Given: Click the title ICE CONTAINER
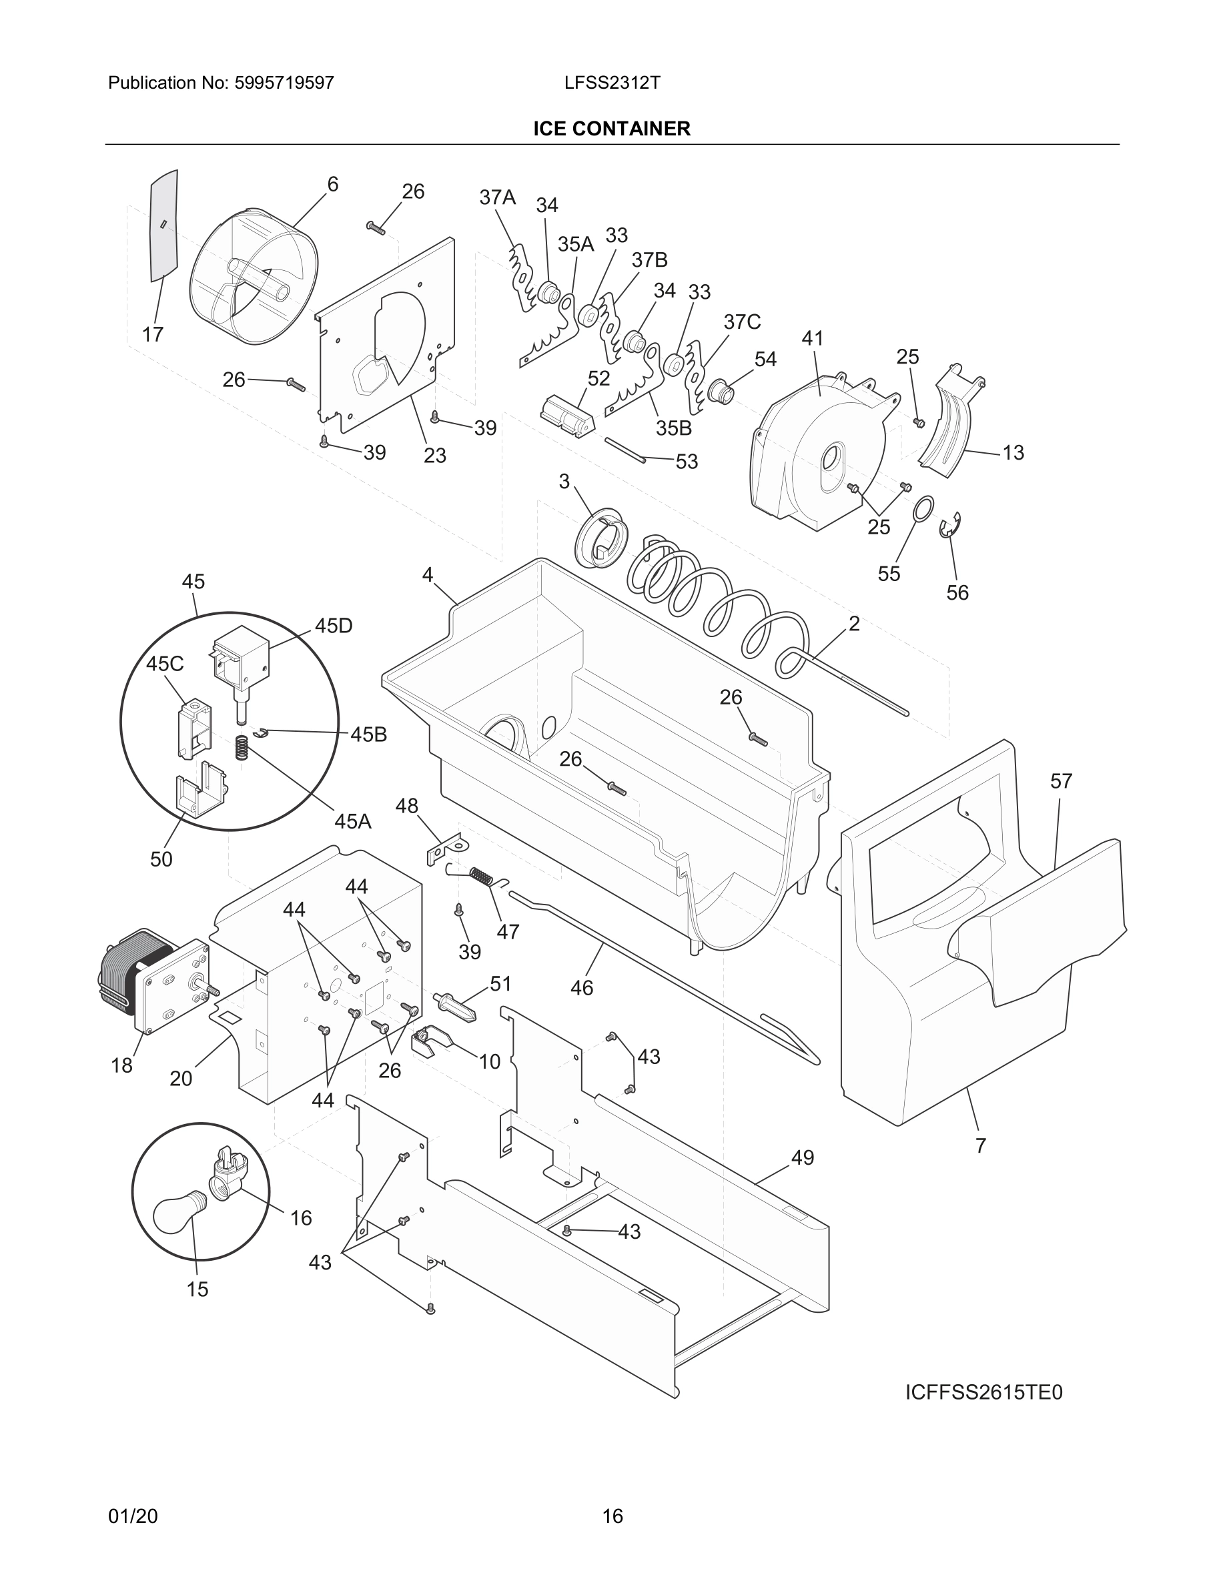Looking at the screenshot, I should [x=611, y=129].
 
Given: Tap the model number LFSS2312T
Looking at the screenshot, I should [x=612, y=83].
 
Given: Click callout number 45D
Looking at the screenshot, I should [x=333, y=626].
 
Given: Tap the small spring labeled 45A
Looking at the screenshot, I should [x=242, y=748].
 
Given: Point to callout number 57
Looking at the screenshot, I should [x=1060, y=781].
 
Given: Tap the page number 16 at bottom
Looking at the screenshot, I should [x=612, y=1516].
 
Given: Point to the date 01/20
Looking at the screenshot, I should [x=133, y=1516].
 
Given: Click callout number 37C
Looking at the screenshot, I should [x=742, y=322].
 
